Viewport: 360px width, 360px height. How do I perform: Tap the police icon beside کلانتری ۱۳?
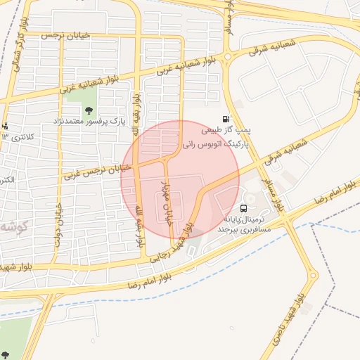(5, 126)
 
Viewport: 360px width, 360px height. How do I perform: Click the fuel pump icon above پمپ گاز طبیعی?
(225, 119)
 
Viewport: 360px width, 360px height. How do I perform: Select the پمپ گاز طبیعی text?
(226, 131)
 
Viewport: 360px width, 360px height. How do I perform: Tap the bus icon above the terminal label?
(243, 208)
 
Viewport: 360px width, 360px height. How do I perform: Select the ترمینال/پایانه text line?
(244, 219)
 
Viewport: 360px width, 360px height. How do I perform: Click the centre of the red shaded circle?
(180, 180)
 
